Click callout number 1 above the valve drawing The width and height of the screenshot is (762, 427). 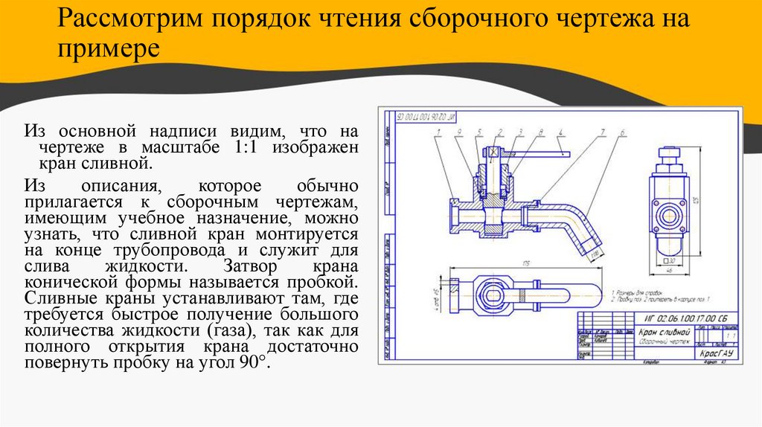(441, 133)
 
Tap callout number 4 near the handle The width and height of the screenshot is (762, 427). (559, 133)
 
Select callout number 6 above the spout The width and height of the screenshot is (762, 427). (621, 133)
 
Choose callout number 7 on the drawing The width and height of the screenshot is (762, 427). (600, 133)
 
